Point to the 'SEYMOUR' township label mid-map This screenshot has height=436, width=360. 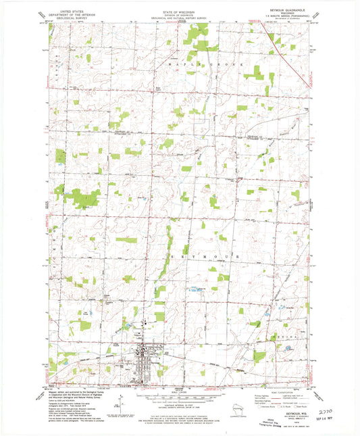click(199, 258)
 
